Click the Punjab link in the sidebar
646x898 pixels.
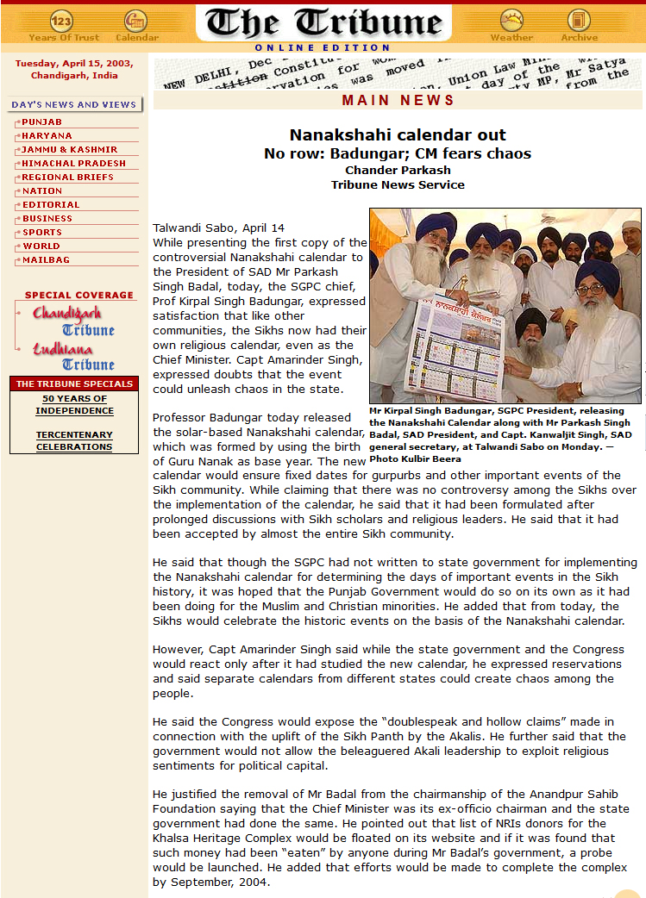(x=41, y=122)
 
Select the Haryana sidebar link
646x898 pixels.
(x=47, y=136)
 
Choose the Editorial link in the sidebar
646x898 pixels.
(x=51, y=205)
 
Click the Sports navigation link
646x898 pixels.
(x=42, y=233)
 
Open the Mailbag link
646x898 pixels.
(x=46, y=260)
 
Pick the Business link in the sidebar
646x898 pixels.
(x=47, y=219)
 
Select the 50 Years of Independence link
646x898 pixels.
(x=74, y=405)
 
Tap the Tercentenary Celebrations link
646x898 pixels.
(x=74, y=441)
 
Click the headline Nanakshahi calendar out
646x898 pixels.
(x=398, y=135)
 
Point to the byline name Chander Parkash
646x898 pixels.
(x=398, y=170)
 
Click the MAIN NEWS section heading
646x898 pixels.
(x=398, y=101)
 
